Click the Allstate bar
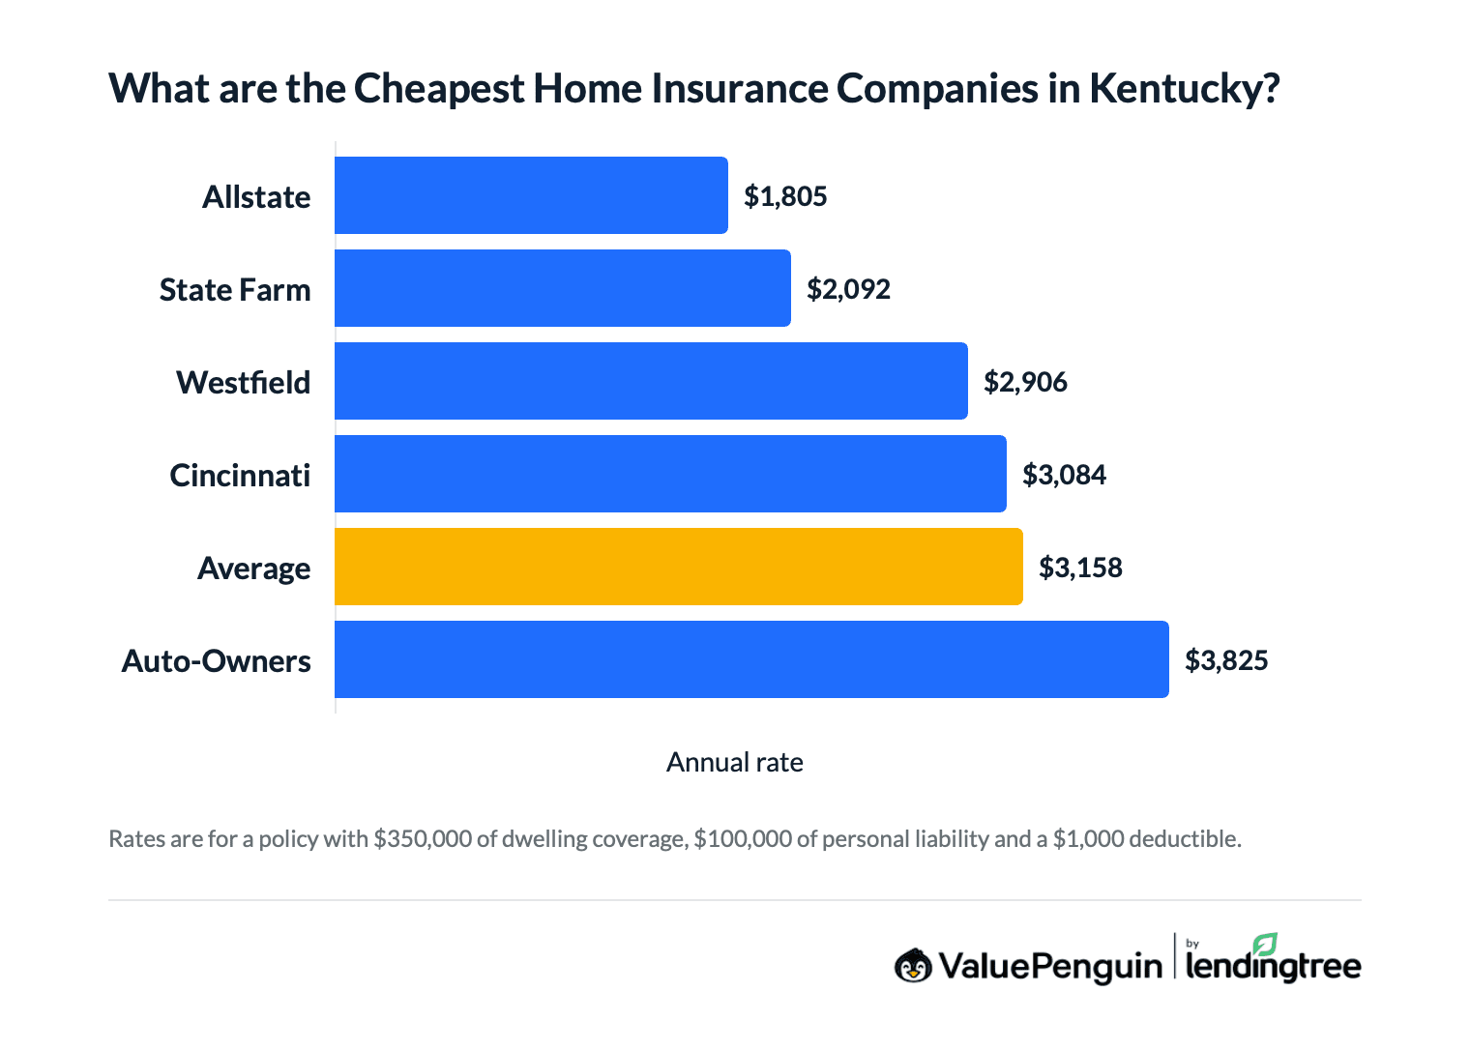coord(531,195)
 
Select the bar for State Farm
coord(562,288)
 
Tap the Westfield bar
coord(651,381)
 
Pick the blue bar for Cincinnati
coord(670,474)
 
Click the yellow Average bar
coord(678,567)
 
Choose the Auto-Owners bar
coord(751,659)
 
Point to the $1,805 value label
coord(785,196)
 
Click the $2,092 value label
coord(848,289)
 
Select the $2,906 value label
coord(1025,382)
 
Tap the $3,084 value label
coord(1064,475)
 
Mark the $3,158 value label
coord(1080,568)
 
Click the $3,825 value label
coord(1226,660)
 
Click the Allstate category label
coord(256,197)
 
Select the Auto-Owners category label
coord(217,661)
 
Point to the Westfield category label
coord(244,383)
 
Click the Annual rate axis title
coord(734,763)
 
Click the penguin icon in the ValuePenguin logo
coord(913,965)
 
